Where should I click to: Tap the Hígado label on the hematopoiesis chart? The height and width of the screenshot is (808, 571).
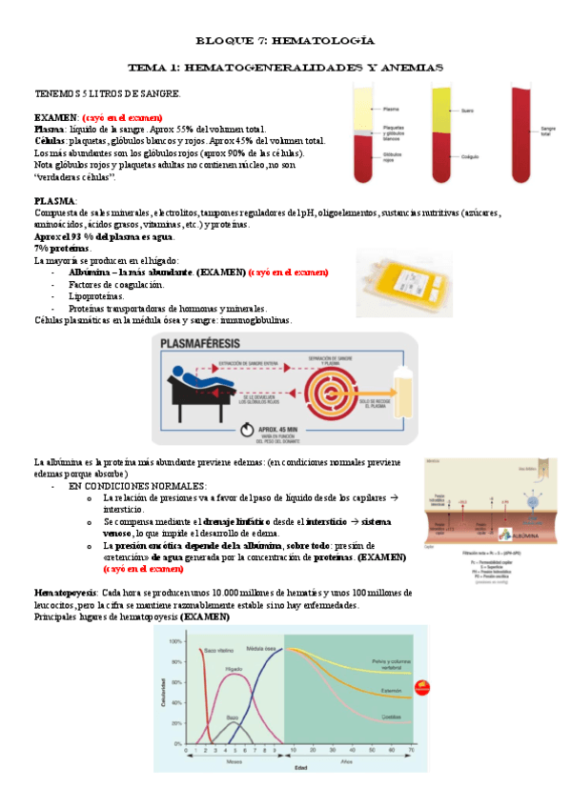tap(233, 670)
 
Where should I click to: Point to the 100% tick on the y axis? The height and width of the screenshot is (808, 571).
tap(175, 642)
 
